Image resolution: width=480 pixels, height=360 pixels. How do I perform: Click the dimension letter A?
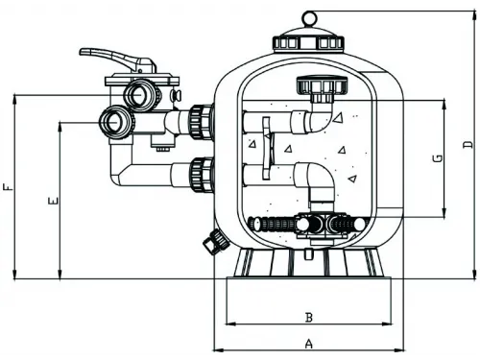click(308, 343)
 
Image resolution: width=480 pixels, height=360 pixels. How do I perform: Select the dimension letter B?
click(308, 316)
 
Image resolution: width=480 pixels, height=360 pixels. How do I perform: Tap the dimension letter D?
click(466, 145)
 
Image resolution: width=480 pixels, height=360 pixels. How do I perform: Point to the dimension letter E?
click(52, 202)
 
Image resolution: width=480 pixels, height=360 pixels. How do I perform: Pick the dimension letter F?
click(8, 188)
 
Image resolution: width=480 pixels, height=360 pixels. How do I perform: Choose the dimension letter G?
click(437, 158)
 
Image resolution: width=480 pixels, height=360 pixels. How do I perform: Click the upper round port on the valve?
click(138, 94)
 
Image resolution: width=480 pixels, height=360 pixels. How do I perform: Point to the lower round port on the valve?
click(116, 122)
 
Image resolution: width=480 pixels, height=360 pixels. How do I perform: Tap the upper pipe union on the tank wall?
click(200, 119)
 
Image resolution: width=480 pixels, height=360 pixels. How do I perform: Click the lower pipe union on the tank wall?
click(200, 174)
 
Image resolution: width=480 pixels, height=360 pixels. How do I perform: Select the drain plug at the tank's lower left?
click(209, 240)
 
